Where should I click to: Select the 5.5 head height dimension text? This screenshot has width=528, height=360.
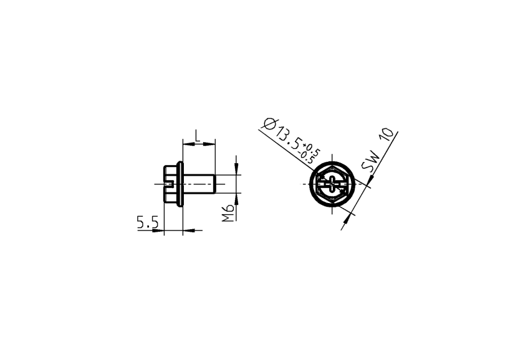[148, 222]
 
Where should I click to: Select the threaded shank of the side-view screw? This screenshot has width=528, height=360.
[199, 184]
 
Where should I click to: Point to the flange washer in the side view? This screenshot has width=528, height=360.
[180, 184]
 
